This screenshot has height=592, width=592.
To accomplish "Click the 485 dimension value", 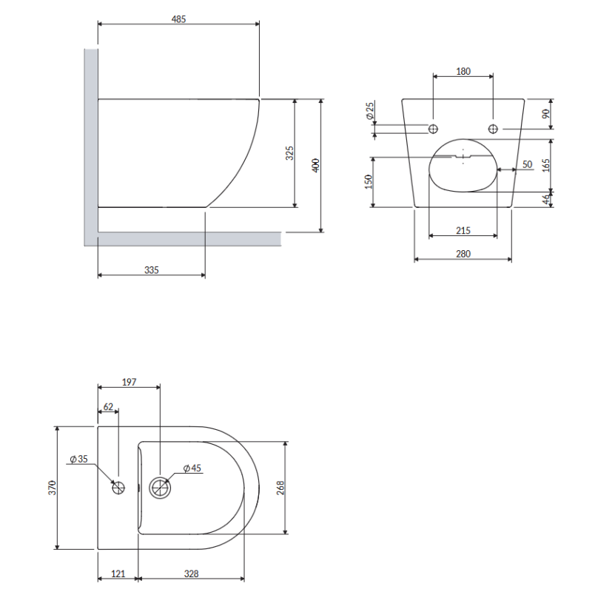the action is point(178,19).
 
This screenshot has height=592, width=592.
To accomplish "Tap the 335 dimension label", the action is point(152,270).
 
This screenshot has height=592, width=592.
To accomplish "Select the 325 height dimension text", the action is point(289,153).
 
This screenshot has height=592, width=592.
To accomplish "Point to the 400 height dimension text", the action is point(316,165).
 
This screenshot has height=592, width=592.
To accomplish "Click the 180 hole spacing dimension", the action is point(463,71).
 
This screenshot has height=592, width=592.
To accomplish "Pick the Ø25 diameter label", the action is point(369,110).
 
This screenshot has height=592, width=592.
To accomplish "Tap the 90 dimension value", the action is point(546,114).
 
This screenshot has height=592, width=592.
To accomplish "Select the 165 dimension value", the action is point(546,165).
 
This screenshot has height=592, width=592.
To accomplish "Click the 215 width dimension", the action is point(463,231).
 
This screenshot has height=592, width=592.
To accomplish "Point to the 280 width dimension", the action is point(463,254).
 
